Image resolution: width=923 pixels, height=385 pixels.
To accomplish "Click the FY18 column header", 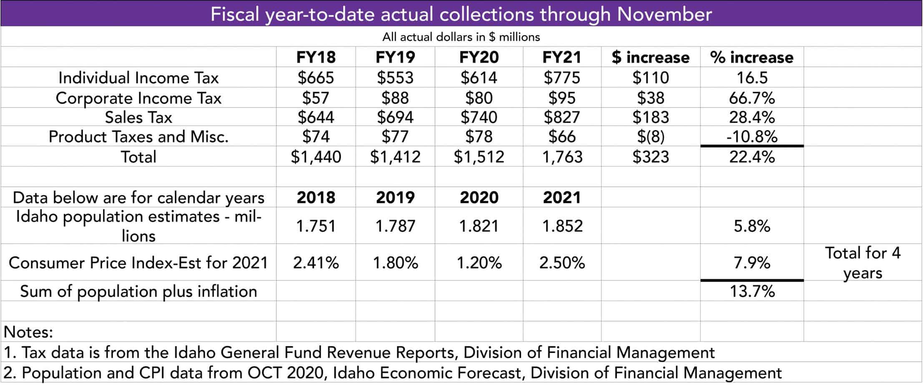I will coord(316,57).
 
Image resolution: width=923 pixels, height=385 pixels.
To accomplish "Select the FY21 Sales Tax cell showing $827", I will coord(561,117).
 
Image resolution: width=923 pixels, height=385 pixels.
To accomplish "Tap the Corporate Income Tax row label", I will coord(138,98).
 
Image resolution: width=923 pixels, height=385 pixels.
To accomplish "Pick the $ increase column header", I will coord(650,57).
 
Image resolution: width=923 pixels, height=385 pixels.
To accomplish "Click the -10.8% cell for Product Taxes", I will coord(752,137).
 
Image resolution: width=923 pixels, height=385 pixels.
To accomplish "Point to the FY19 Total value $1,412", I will coord(395,157).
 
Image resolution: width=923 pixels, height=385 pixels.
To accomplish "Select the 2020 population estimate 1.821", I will coord(479,226).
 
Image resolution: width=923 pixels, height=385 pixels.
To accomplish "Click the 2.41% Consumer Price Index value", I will coord(316,263).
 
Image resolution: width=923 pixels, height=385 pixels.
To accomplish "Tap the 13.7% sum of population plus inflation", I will coord(752,291).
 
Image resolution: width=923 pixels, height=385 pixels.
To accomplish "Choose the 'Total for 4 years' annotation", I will coord(862,263).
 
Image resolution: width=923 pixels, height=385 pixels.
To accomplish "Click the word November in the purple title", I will coord(664,14).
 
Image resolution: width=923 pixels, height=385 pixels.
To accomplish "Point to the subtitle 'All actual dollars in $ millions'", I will coord(461,37).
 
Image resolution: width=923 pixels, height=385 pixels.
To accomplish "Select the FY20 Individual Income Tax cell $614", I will coord(479,78).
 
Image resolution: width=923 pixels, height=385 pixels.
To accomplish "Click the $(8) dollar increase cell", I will coord(650,137).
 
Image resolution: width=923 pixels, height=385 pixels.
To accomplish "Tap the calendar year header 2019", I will coord(395,197).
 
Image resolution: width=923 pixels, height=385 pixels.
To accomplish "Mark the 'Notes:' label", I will coord(28,332).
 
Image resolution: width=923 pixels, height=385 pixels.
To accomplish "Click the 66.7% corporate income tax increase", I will coord(752,98).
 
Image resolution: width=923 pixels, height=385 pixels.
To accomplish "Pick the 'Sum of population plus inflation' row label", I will coord(138,291).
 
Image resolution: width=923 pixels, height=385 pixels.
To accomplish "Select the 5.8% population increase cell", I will coord(752,226).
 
